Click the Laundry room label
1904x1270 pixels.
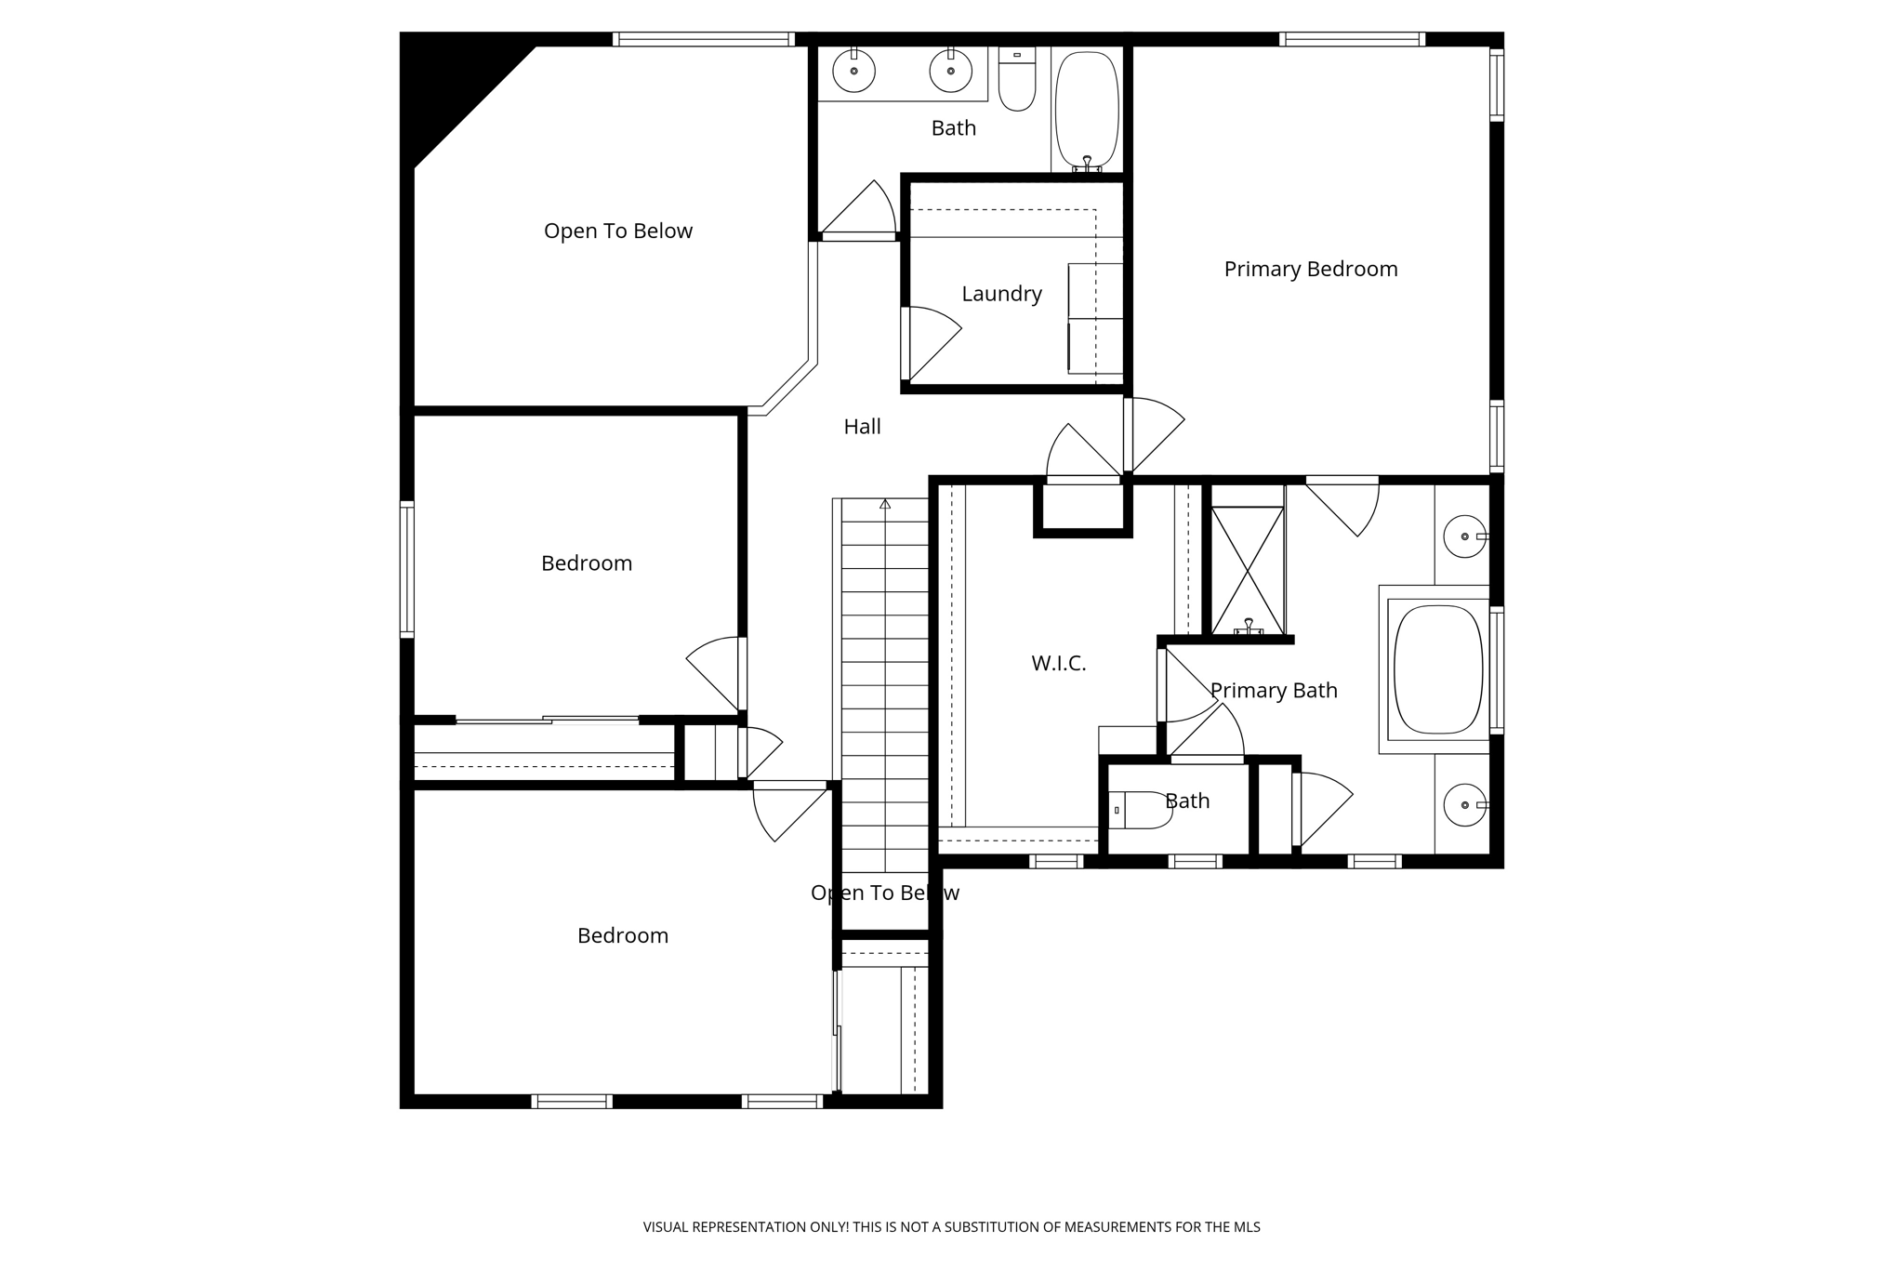1001,294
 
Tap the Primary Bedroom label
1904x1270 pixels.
1310,269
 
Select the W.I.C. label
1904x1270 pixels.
1058,663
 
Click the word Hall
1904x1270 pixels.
862,427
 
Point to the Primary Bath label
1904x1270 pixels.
1273,690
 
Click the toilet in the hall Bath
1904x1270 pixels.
1016,81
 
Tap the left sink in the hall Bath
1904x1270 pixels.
853,71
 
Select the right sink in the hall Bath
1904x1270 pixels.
950,71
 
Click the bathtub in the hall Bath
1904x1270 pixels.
1087,110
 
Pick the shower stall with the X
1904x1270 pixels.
1248,570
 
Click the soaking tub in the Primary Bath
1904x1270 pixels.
1438,669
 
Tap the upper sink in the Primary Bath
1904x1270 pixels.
1464,536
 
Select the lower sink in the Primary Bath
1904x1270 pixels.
1464,804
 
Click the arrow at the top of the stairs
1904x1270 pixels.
885,504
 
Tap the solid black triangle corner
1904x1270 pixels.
446,84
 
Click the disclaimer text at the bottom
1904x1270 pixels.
951,1226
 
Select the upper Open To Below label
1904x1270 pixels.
617,231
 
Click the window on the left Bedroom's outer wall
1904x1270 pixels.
406,569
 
